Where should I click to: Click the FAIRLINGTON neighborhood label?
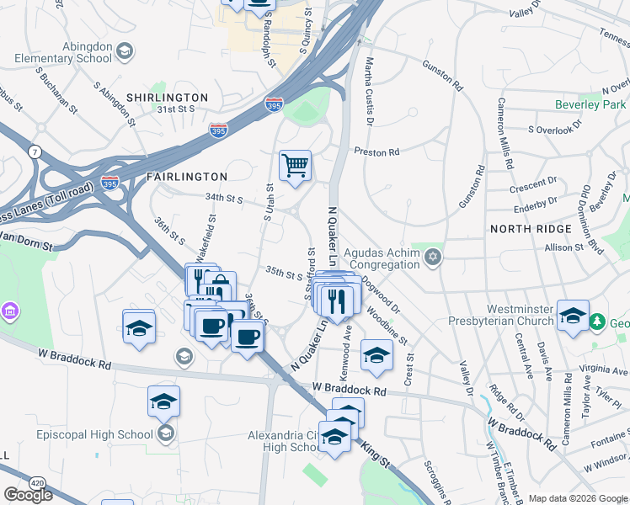[x=186, y=177]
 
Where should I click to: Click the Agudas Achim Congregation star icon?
[x=433, y=256]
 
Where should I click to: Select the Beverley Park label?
[x=590, y=104]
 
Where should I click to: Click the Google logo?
[x=28, y=495]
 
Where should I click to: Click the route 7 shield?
[x=34, y=151]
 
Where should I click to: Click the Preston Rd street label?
[x=376, y=152]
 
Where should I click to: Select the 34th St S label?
[x=223, y=199]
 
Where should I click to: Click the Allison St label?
[x=564, y=247]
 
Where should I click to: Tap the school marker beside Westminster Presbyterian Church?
[x=573, y=316]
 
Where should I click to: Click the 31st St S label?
[x=175, y=109]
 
